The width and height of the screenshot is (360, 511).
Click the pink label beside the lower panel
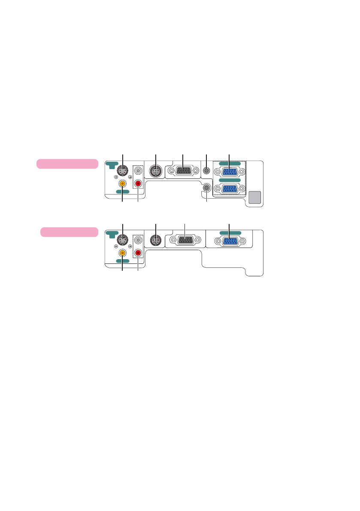(69, 232)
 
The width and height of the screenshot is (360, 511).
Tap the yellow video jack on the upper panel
(123, 183)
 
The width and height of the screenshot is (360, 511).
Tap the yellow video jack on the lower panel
(123, 253)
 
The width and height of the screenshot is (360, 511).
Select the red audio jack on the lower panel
(138, 253)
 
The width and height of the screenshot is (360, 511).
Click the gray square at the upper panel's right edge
(255, 197)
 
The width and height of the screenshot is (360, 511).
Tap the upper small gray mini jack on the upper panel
(207, 171)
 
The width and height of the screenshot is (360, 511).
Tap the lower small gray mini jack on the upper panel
(207, 187)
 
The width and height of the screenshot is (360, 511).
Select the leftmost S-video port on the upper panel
(123, 171)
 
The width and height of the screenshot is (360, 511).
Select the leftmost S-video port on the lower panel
(123, 240)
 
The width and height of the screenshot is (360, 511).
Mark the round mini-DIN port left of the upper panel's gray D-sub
(155, 172)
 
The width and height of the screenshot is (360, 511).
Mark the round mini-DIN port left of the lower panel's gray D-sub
(155, 241)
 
